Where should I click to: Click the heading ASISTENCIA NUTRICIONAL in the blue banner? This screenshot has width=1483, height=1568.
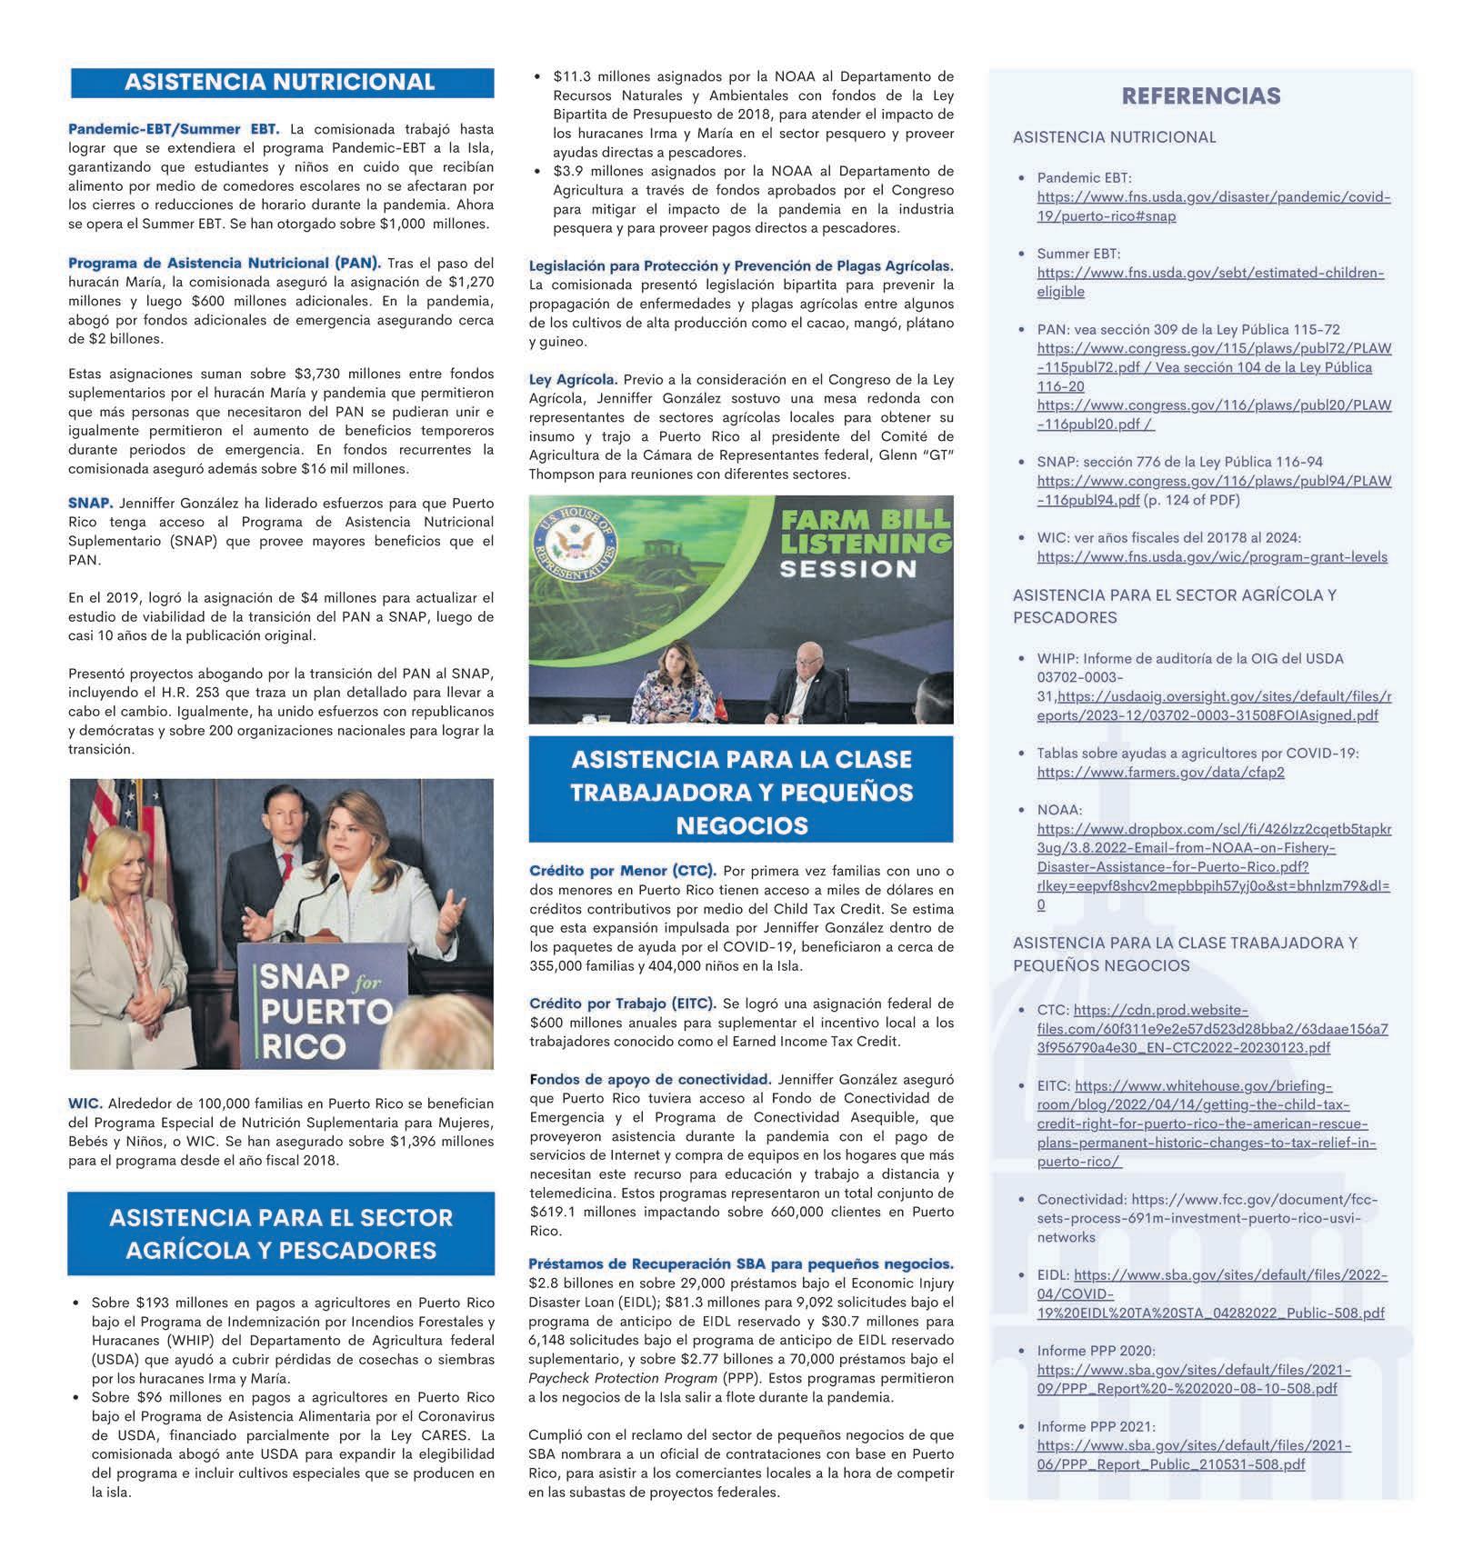click(280, 83)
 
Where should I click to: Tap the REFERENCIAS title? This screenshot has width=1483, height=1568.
click(1200, 96)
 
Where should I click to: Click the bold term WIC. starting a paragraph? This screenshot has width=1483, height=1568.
click(85, 1104)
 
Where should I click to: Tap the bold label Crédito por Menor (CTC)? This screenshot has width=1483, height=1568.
click(622, 871)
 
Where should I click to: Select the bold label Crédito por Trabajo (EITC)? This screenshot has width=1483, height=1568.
click(622, 1004)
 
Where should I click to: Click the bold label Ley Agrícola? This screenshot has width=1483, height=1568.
click(573, 379)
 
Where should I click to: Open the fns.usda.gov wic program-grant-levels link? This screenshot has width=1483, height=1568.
click(1211, 556)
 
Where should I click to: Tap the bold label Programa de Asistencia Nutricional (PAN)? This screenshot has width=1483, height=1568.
click(225, 263)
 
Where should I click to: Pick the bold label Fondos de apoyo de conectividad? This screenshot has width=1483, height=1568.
click(649, 1080)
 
